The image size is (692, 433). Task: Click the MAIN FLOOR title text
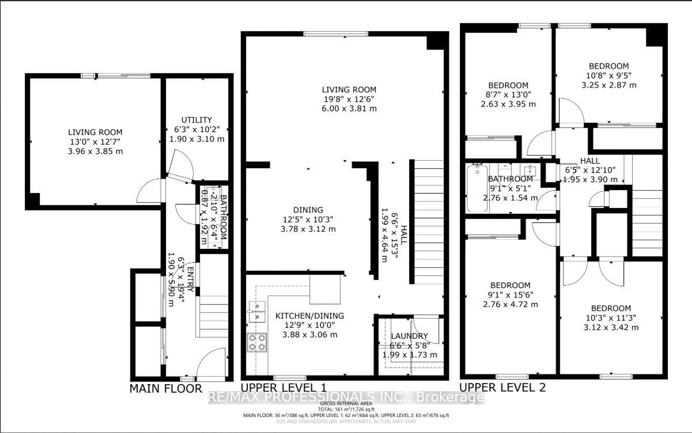point(166,389)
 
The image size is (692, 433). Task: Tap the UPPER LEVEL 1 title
point(283,388)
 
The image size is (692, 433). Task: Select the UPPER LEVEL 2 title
point(502,387)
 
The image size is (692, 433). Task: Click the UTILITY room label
point(197,120)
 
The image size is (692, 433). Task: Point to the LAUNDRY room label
point(409,336)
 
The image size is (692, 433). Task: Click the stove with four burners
point(257,342)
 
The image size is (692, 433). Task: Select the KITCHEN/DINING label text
point(309,316)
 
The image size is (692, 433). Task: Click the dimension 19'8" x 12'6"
point(349,99)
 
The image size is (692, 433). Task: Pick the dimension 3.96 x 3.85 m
point(95,151)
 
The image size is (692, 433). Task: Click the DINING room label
point(308,210)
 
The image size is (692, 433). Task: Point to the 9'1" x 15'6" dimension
point(510,295)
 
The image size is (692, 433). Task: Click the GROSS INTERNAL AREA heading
point(346,403)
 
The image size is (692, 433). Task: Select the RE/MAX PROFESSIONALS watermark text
point(346,397)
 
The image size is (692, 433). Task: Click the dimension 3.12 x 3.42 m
point(611,327)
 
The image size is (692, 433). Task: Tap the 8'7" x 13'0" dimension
point(508,95)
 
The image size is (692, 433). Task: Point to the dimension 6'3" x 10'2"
point(197,129)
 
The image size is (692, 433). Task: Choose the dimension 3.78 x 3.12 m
point(308,229)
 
